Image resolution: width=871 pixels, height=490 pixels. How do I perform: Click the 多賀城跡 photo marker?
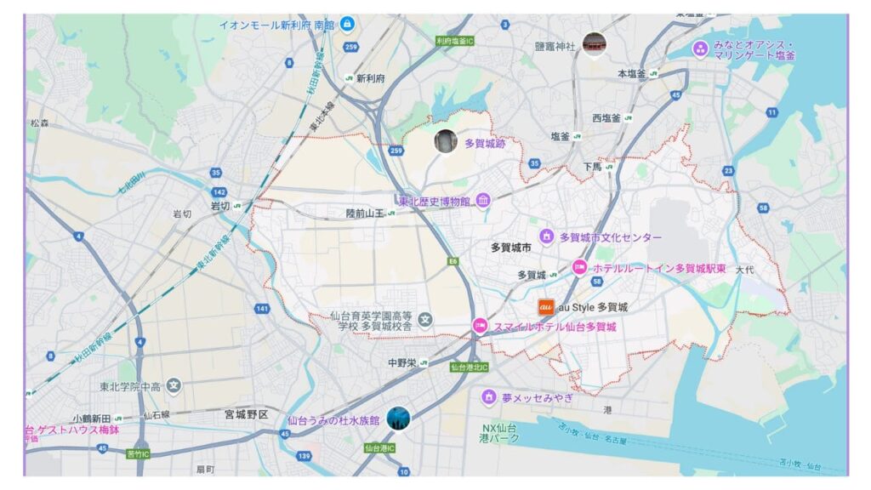(x=445, y=141)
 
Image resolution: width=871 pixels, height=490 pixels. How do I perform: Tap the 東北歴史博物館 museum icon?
(x=483, y=201)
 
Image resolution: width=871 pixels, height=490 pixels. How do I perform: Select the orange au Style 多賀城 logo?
(x=547, y=307)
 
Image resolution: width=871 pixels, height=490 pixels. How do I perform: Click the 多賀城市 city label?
(x=510, y=248)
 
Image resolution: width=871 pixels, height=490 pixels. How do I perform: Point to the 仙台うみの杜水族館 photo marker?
(x=397, y=419)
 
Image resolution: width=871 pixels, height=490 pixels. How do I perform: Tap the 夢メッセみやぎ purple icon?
(x=488, y=397)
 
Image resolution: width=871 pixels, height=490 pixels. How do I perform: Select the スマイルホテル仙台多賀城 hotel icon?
(x=481, y=326)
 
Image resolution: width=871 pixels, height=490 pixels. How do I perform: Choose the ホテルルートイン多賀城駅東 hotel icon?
(x=580, y=267)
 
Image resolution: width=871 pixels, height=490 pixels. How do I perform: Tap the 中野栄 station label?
(x=402, y=362)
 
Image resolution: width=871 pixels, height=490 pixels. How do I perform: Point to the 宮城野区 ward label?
(x=246, y=415)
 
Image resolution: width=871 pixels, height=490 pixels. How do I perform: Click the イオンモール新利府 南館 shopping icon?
(x=347, y=24)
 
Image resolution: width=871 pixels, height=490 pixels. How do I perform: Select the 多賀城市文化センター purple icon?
(x=546, y=236)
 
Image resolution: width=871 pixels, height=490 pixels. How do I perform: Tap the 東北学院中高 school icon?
(x=174, y=386)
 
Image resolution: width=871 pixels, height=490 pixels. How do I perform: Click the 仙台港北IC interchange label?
(x=468, y=367)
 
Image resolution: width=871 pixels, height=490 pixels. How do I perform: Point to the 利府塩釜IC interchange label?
(x=454, y=40)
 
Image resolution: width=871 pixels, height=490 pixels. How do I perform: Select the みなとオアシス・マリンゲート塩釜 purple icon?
(x=700, y=49)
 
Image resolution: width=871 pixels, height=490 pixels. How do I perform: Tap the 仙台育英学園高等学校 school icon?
(x=424, y=320)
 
